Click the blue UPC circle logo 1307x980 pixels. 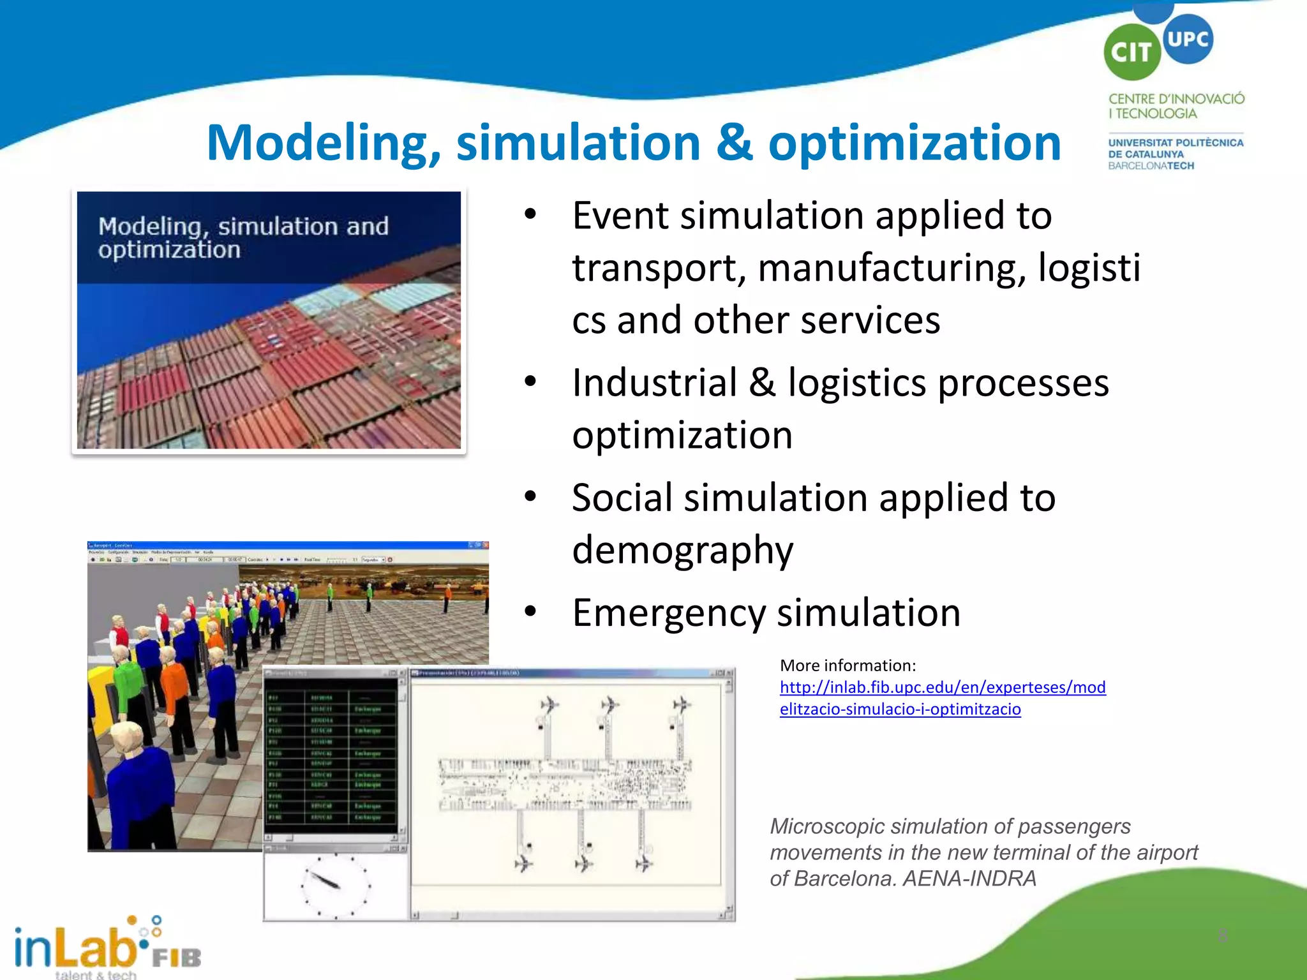pyautogui.click(x=1188, y=39)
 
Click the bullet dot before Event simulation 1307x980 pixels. pyautogui.click(x=530, y=215)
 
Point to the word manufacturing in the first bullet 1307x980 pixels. pyautogui.click(x=892, y=268)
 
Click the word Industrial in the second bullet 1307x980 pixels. pyautogui.click(x=654, y=383)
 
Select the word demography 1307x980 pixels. pyautogui.click(x=682, y=550)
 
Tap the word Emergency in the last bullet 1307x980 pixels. pyautogui.click(x=668, y=613)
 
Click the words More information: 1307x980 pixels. pyautogui.click(x=848, y=665)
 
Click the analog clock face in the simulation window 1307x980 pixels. pyautogui.click(x=336, y=885)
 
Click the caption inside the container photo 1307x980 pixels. pyautogui.click(x=243, y=237)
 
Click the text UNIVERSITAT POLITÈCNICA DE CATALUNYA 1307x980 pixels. pyautogui.click(x=1175, y=148)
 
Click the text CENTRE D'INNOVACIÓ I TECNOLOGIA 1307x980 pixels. pyautogui.click(x=1176, y=106)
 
